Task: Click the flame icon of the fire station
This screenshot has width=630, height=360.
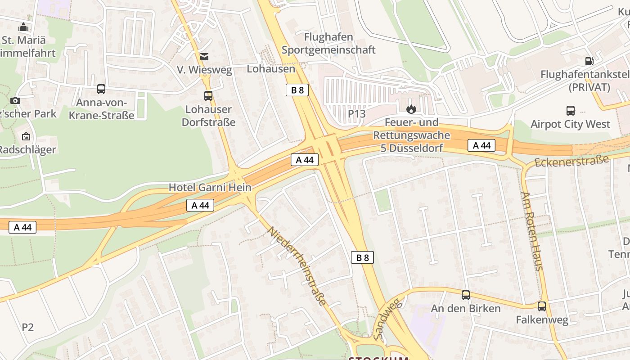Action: (x=411, y=109)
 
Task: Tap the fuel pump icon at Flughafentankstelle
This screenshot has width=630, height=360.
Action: (x=589, y=61)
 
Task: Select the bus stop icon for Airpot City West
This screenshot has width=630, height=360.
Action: (x=570, y=111)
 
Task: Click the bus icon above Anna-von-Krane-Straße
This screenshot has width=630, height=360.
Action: (x=101, y=89)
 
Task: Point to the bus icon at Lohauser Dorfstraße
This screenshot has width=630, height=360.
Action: (x=208, y=96)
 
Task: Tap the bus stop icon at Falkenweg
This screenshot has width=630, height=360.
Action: (x=542, y=306)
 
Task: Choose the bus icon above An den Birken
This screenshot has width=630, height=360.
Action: (x=465, y=295)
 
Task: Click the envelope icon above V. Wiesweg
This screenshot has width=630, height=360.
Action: (x=204, y=56)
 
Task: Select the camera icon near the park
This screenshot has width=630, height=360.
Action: (x=15, y=100)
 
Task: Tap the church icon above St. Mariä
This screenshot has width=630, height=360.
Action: (x=23, y=27)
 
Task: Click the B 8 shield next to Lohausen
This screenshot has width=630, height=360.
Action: (x=297, y=90)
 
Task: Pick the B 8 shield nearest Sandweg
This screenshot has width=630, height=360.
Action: (x=362, y=257)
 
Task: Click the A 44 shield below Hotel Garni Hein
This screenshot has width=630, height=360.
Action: (x=200, y=205)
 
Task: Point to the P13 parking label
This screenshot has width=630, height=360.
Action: (x=357, y=114)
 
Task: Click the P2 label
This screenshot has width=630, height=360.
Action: (x=28, y=327)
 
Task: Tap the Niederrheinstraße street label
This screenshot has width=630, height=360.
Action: (x=297, y=266)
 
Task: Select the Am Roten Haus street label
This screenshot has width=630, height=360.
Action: (x=532, y=231)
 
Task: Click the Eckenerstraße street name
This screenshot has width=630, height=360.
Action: (x=571, y=161)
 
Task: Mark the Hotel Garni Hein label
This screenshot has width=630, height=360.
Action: (x=210, y=187)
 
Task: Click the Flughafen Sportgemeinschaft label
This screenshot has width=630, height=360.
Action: (x=328, y=43)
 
